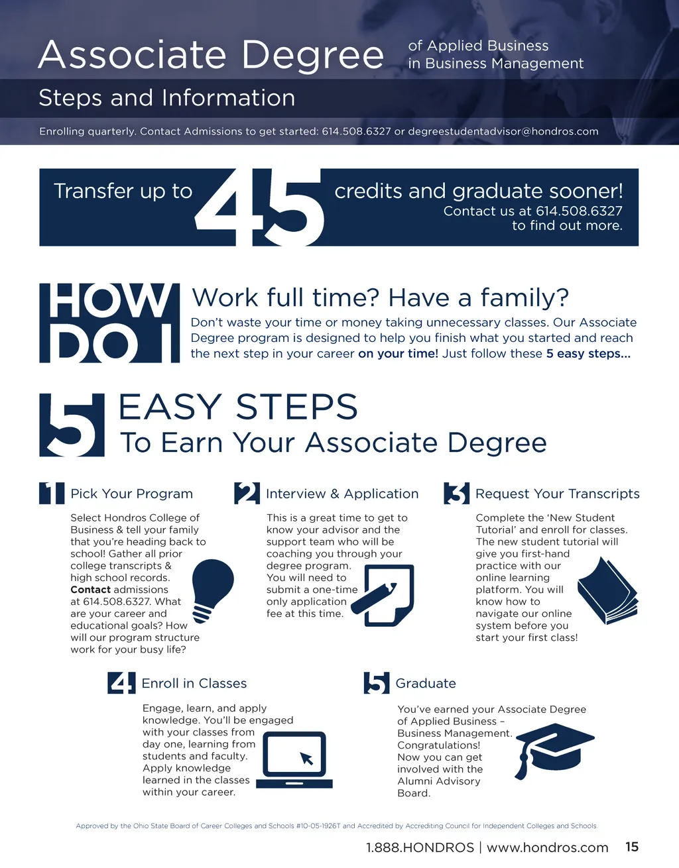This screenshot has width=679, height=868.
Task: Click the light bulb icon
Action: pos(213,590)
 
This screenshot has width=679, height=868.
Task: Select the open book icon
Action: pos(608,591)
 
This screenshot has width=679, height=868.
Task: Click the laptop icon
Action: pos(294,759)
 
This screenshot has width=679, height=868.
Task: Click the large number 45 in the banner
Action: pos(259,207)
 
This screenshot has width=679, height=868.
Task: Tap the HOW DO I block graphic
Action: pos(109,323)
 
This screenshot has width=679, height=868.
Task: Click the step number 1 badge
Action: pos(52,493)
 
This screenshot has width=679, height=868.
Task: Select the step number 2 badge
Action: pos(247,493)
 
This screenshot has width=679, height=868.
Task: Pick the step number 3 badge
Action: pos(457,493)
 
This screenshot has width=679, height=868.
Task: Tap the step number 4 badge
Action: pos(121,682)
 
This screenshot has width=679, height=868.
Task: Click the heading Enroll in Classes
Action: pos(194,683)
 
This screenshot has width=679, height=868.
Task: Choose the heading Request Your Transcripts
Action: pos(558,494)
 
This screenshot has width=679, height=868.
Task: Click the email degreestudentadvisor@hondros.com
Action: pos(503,131)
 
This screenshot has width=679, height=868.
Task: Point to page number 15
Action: pos(632,847)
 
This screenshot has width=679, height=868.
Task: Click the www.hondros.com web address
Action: pos(548,847)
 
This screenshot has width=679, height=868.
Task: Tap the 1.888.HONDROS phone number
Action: pos(420,847)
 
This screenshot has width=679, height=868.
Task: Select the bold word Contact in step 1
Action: pos(90,590)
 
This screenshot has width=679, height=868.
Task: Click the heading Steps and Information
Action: pos(166,98)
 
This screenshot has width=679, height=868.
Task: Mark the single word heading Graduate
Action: pos(426,683)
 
